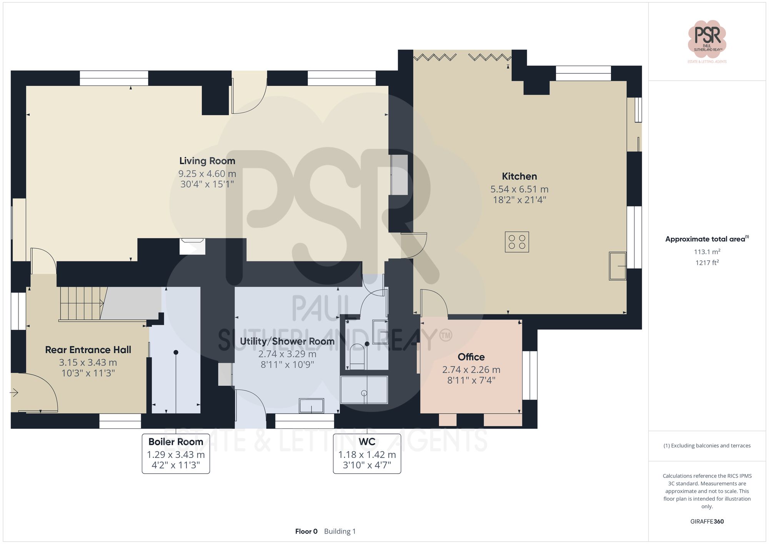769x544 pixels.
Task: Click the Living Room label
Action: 207,161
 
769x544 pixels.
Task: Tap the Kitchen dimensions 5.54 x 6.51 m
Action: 519,189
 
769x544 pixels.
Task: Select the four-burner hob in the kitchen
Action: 517,242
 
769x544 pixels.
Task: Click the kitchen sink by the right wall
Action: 618,266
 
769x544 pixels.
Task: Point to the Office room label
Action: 471,357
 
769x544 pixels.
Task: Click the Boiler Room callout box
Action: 176,454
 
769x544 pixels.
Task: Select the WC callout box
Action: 367,454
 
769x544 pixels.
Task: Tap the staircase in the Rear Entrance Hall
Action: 83,303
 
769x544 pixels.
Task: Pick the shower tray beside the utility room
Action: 364,390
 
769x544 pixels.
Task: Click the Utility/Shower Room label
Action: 287,341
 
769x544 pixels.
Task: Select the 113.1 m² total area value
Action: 707,252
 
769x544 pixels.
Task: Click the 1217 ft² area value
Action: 707,263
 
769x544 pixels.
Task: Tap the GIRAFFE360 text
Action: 707,521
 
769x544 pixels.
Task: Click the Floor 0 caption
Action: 306,531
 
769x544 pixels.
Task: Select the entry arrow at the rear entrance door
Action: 14,393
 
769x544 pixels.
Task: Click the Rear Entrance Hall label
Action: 88,350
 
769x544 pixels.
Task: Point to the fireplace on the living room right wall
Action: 399,175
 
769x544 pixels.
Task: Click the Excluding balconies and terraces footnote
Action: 707,446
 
